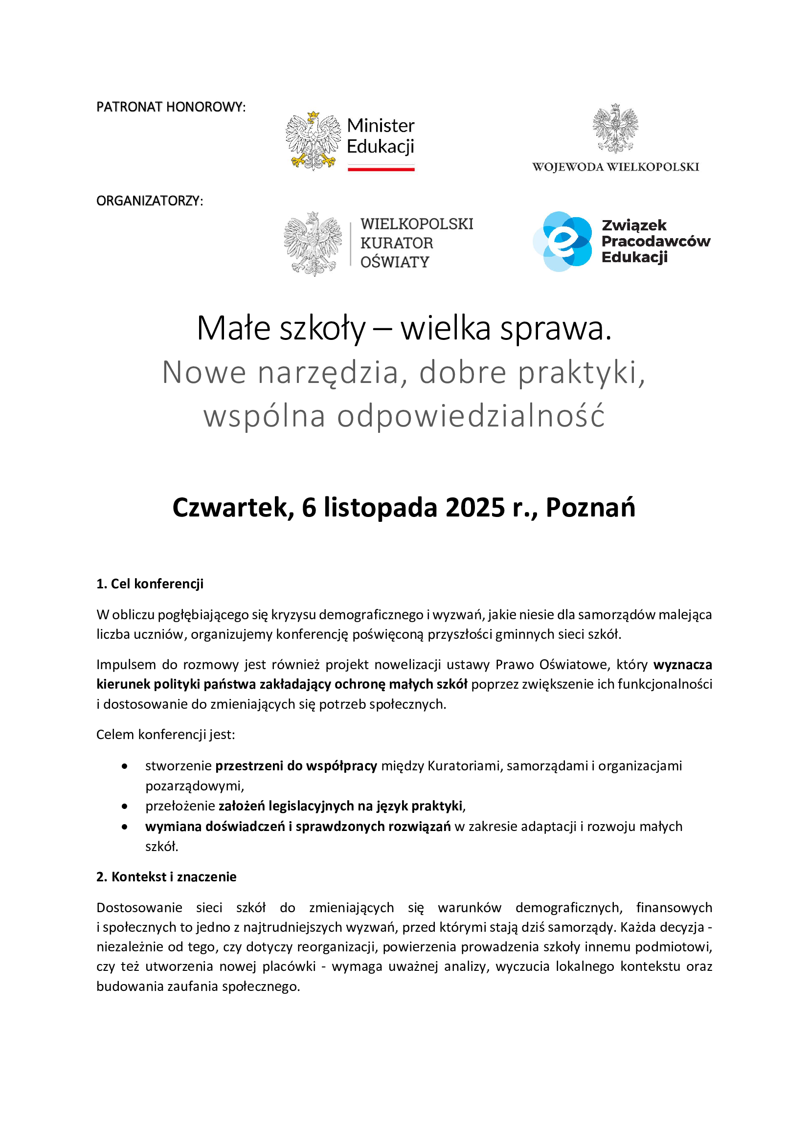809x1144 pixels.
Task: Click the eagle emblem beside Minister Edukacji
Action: pos(313,141)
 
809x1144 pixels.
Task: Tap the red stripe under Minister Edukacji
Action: pos(381,169)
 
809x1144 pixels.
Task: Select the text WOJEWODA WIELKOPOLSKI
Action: pos(615,167)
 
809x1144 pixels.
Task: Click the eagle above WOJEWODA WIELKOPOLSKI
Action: pos(615,128)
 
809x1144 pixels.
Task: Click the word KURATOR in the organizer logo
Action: pos(397,243)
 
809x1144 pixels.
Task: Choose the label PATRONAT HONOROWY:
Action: pos(171,107)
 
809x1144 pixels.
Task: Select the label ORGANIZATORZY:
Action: pos(150,201)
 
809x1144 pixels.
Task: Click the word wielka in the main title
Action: pos(446,329)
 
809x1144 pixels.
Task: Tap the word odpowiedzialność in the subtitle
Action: pos(471,416)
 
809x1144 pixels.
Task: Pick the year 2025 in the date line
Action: pos(475,508)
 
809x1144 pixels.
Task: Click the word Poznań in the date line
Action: pos(590,508)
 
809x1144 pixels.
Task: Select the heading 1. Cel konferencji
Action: pos(150,584)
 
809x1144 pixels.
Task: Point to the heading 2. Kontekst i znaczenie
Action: pos(166,877)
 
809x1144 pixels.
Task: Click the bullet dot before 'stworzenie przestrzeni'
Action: pos(125,766)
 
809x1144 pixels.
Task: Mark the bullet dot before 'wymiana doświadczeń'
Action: pos(125,827)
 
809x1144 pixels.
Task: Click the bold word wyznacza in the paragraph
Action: pos(682,665)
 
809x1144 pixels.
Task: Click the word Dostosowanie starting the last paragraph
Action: pos(139,908)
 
